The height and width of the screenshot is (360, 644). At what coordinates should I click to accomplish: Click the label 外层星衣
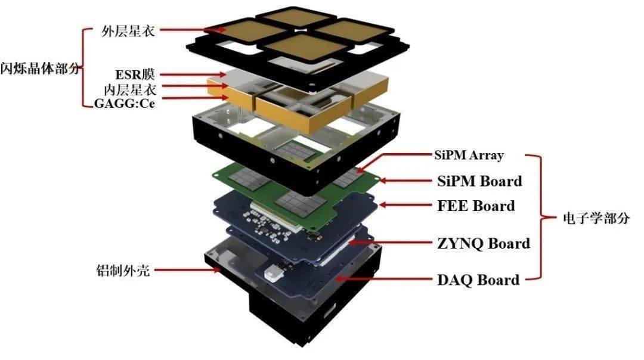pyautogui.click(x=129, y=30)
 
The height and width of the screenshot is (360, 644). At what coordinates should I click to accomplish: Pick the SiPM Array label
pyautogui.click(x=469, y=156)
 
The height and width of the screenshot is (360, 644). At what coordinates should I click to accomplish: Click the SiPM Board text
pyautogui.click(x=478, y=181)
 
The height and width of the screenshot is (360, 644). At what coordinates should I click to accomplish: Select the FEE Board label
pyautogui.click(x=476, y=206)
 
